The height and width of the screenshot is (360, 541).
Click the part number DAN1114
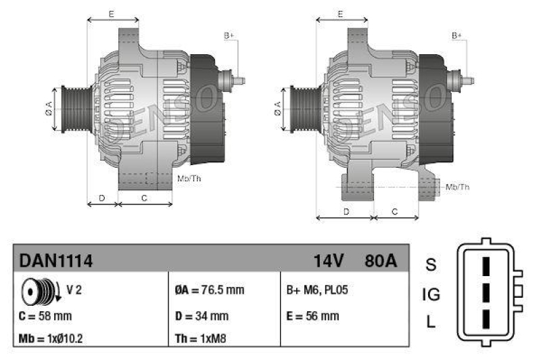pos(55,261)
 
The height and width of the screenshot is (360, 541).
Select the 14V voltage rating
pos(329,261)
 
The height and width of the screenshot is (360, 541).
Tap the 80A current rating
pos(381,261)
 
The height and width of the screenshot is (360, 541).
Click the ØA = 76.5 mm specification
pos(209,290)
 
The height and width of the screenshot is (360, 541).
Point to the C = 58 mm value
pos(45,315)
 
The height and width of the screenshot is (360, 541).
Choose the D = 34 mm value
pos(202,315)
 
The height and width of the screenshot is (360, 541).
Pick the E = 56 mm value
pos(313,315)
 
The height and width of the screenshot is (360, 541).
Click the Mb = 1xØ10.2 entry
pos(51,338)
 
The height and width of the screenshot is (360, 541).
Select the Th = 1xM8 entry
pos(201,338)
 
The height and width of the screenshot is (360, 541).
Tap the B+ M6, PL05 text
pos(317,290)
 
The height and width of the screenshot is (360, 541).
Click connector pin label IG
pos(431,294)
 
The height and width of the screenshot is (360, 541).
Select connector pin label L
pos(431,323)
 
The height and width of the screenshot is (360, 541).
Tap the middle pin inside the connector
pos(485,293)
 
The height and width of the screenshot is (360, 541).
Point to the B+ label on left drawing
pos(229,35)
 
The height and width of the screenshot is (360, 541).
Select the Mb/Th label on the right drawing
pos(458,186)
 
